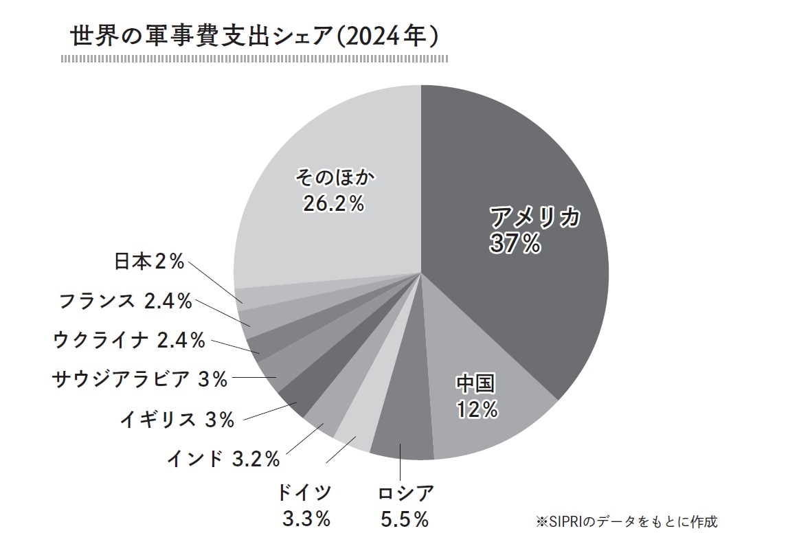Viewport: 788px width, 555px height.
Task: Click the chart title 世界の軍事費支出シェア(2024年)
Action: (254, 36)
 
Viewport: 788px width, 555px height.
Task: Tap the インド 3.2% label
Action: (223, 458)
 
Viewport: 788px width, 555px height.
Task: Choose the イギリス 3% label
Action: (177, 419)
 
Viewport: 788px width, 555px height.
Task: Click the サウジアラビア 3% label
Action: (139, 378)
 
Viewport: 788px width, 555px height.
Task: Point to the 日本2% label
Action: (149, 261)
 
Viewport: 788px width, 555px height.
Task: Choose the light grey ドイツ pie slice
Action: (354, 434)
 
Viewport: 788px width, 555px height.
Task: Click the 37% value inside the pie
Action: (515, 244)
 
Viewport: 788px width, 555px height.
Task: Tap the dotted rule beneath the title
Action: (254, 59)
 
